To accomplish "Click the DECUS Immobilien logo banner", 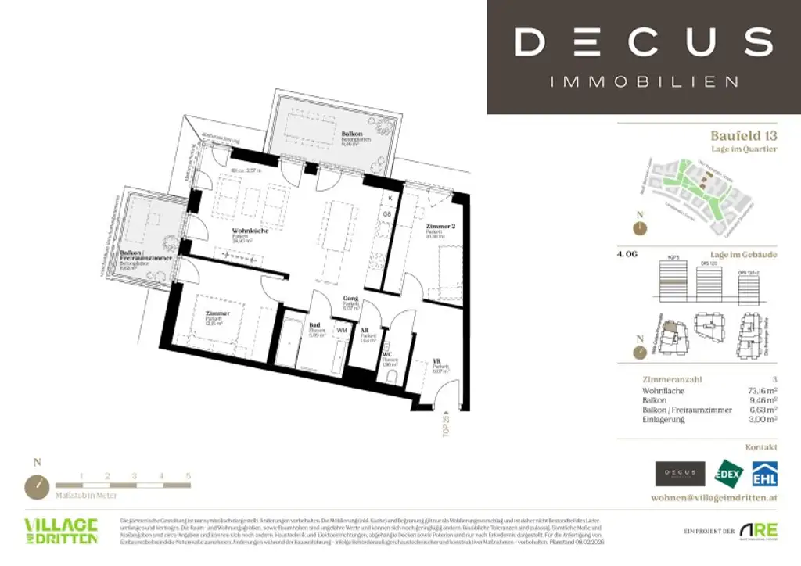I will tap(643, 56).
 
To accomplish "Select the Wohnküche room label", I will tap(248, 232).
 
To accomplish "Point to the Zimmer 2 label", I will tap(440, 227).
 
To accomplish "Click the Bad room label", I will tap(314, 324).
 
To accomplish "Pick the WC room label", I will tap(386, 354).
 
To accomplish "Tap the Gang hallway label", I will tap(350, 299).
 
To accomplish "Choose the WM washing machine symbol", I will tap(342, 331).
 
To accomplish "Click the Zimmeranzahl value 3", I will tap(774, 379).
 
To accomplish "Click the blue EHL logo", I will tap(763, 474).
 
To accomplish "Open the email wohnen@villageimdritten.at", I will tap(713, 498).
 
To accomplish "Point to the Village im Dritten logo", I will tap(61, 531).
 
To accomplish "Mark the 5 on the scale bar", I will tap(188, 475).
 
